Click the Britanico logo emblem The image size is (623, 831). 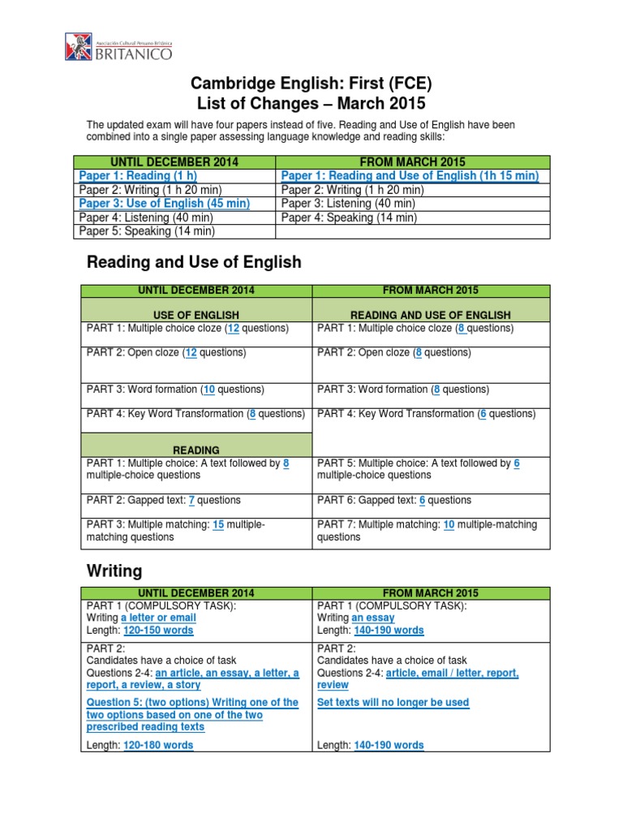(x=80, y=46)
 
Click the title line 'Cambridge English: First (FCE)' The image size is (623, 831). (x=311, y=84)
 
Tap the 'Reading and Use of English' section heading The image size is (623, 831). (x=194, y=262)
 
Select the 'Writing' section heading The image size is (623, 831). (x=114, y=571)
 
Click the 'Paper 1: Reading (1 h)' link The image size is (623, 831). (x=138, y=176)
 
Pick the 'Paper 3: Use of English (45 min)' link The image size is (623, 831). (x=164, y=204)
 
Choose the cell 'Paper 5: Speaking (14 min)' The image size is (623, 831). (x=147, y=231)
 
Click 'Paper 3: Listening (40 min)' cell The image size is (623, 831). (x=348, y=204)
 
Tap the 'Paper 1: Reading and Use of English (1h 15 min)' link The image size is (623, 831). (x=410, y=176)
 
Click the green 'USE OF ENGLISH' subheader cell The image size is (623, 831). (x=196, y=315)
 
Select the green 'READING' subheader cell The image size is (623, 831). (x=196, y=450)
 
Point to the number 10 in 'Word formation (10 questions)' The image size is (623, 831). (x=209, y=390)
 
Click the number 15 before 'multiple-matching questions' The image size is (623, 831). (x=218, y=525)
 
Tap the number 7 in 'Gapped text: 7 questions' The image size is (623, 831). (x=191, y=501)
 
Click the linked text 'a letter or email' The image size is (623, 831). (x=159, y=618)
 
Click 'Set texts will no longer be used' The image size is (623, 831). (x=393, y=703)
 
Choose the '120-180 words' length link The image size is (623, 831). (x=158, y=745)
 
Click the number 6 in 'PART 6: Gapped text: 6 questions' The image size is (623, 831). (x=423, y=501)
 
